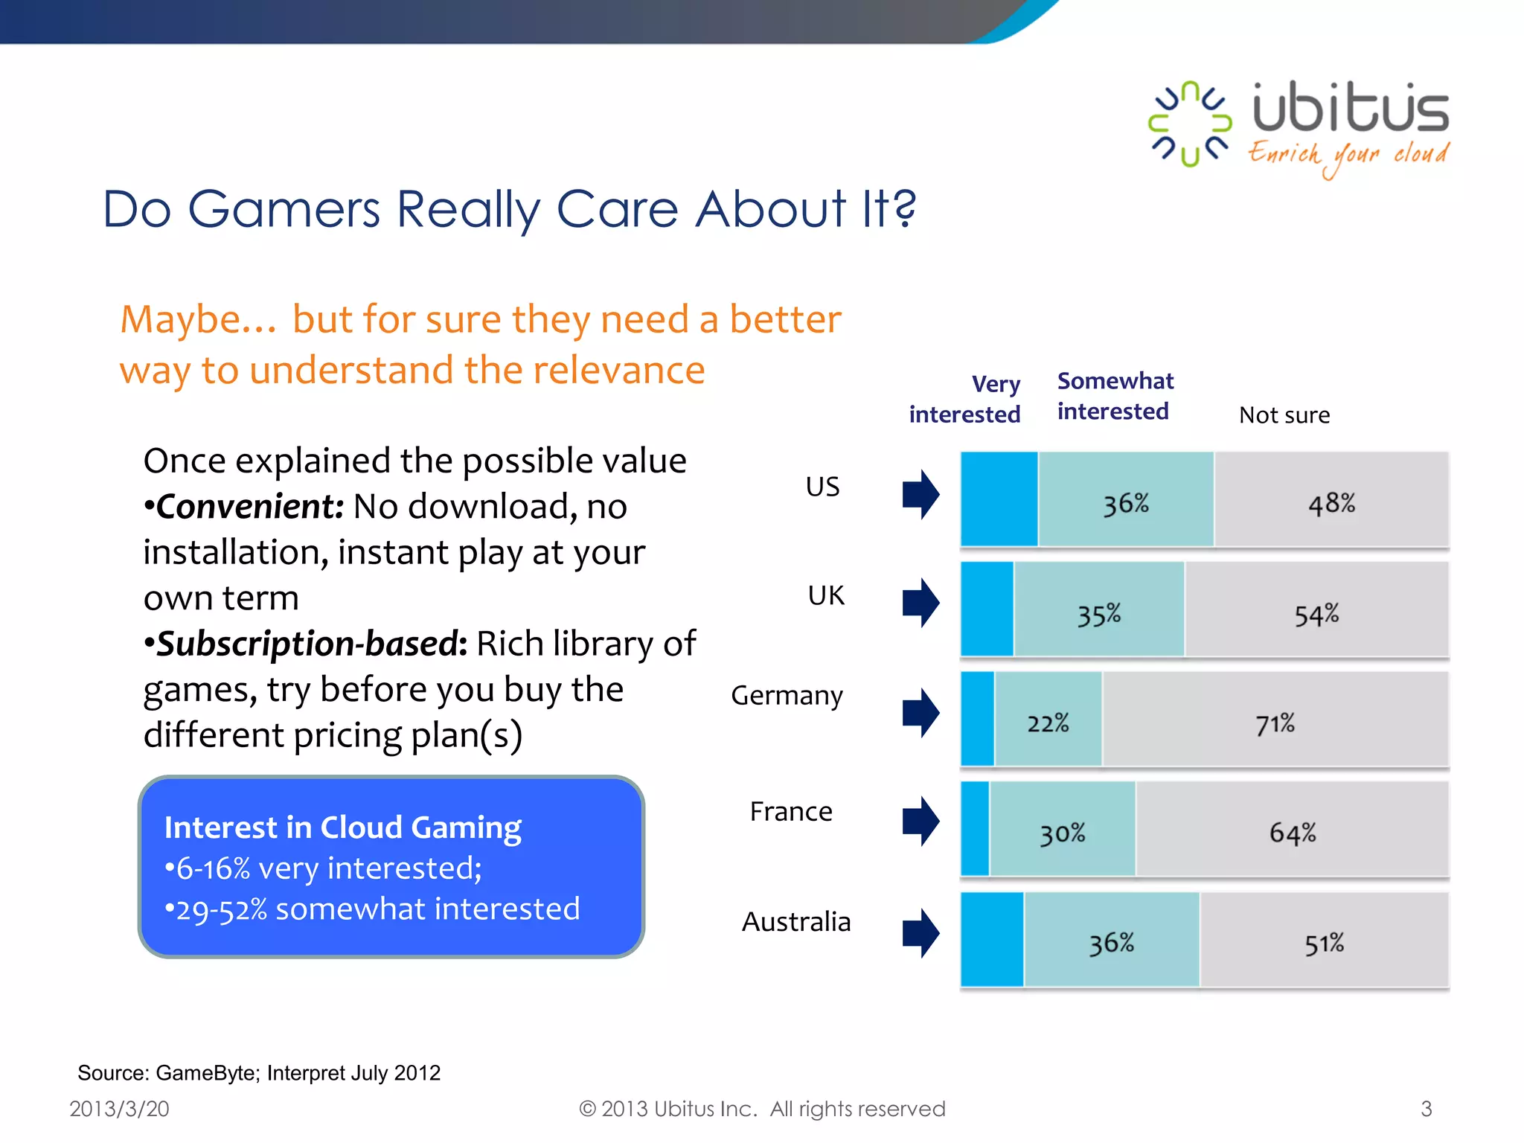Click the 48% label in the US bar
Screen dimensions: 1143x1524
click(1331, 504)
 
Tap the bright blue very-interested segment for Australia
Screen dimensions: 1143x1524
click(992, 940)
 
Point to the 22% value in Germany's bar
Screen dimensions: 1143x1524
click(1048, 723)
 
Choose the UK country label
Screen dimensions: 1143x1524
click(826, 595)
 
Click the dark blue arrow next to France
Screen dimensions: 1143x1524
click(921, 822)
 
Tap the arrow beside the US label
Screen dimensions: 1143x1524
click(921, 494)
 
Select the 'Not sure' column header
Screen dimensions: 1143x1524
click(1284, 415)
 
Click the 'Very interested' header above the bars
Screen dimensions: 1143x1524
click(965, 399)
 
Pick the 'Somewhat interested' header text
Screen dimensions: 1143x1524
click(1115, 396)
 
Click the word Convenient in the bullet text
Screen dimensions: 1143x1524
click(249, 507)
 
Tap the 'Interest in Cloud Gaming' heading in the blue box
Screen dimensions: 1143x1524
click(343, 827)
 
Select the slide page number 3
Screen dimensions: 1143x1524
click(1426, 1109)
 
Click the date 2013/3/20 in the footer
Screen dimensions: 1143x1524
click(119, 1109)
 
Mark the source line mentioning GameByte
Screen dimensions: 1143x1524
click(259, 1073)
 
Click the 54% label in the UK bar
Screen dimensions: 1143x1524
click(1316, 615)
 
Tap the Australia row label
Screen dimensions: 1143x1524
click(795, 922)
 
